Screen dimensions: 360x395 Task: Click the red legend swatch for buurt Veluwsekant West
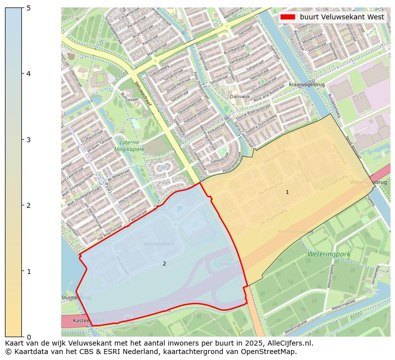pyautogui.click(x=288, y=17)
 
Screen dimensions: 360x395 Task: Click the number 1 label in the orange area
pyautogui.click(x=287, y=192)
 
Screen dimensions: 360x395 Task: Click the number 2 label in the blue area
pyautogui.click(x=164, y=264)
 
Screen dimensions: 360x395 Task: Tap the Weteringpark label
pyautogui.click(x=329, y=254)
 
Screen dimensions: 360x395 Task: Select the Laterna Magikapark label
pyautogui.click(x=128, y=145)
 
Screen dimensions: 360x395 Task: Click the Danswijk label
pyautogui.click(x=238, y=96)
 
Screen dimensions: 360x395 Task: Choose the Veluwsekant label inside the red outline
pyautogui.click(x=158, y=244)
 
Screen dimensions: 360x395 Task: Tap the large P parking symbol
pyautogui.click(x=180, y=209)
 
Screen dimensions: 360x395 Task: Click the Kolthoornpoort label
pyautogui.click(x=296, y=231)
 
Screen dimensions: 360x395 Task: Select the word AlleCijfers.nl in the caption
pyautogui.click(x=287, y=343)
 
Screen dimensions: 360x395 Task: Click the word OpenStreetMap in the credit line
pyautogui.click(x=271, y=352)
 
